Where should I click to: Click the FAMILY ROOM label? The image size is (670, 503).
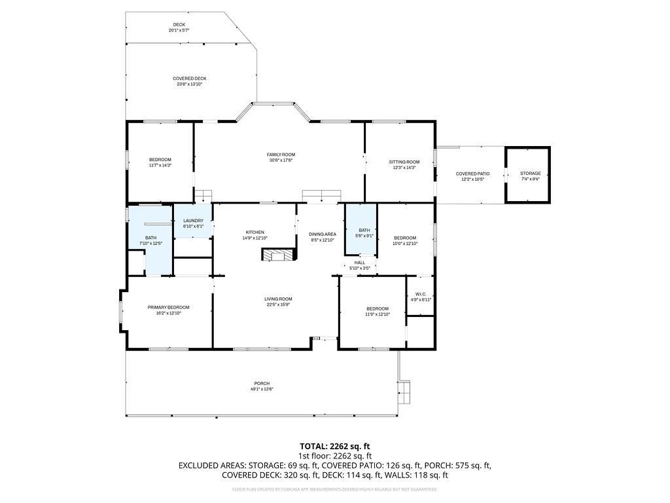click(x=281, y=155)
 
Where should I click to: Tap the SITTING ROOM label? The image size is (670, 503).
click(x=404, y=162)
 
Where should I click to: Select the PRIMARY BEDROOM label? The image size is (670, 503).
click(x=168, y=307)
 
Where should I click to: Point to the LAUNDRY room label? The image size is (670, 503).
click(x=193, y=221)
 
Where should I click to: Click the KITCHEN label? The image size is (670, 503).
click(x=255, y=233)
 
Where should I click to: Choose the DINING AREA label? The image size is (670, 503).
click(x=323, y=234)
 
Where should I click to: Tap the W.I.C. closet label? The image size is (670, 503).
click(x=420, y=295)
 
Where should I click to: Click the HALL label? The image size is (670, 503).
click(x=359, y=263)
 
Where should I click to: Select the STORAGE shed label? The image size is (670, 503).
click(x=530, y=174)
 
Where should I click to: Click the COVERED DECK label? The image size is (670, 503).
click(x=190, y=79)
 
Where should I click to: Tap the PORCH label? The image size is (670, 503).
click(x=262, y=384)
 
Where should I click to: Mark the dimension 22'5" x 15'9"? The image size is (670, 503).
click(x=278, y=305)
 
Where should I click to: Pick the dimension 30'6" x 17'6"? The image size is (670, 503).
click(x=281, y=160)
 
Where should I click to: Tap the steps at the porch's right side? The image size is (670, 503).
click(x=405, y=391)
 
